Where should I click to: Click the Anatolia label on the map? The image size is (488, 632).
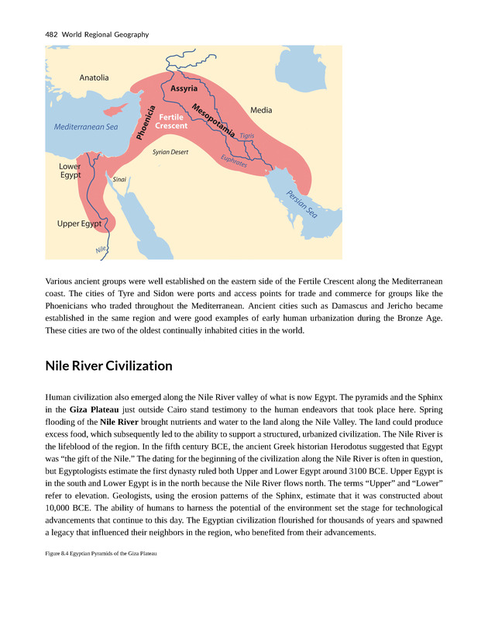(x=94, y=78)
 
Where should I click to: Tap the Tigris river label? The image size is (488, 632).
(x=247, y=136)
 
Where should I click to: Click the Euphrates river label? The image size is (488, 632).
(x=234, y=161)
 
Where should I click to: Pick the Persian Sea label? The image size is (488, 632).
(x=302, y=203)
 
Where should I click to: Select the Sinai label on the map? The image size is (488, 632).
(x=119, y=179)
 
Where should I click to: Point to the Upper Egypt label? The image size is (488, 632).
(x=80, y=224)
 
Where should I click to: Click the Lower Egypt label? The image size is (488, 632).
(x=70, y=171)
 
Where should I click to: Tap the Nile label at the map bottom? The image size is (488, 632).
(x=101, y=250)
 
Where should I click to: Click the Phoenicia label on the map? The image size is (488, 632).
(x=146, y=123)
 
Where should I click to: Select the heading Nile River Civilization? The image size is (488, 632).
(x=108, y=365)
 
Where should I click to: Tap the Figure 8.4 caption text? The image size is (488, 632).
(x=101, y=553)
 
